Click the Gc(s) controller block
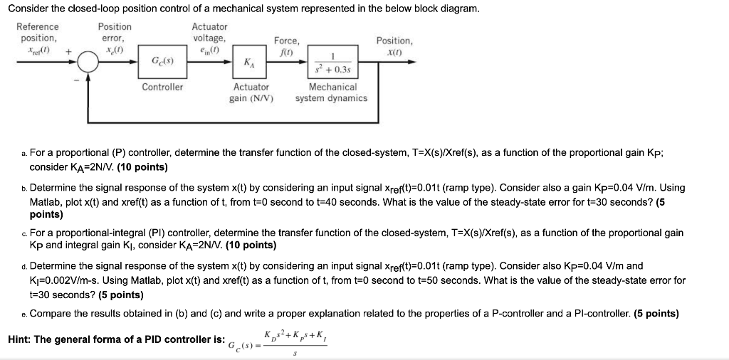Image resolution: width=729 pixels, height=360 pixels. point(162,63)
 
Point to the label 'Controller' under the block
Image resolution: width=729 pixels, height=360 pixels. point(162,87)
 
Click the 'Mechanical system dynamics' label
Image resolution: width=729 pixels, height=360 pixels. point(332,92)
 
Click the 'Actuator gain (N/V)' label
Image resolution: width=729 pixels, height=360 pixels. point(251,92)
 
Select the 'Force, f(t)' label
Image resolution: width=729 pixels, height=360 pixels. point(287,47)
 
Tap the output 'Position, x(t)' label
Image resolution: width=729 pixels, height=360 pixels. point(394,47)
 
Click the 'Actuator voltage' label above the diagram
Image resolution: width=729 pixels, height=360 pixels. point(209,32)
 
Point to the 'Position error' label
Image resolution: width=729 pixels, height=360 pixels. point(114,32)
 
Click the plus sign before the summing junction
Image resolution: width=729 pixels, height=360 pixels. point(68,52)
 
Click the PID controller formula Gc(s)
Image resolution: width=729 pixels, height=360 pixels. point(278,340)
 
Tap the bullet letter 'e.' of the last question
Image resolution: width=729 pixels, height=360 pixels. point(25,314)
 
